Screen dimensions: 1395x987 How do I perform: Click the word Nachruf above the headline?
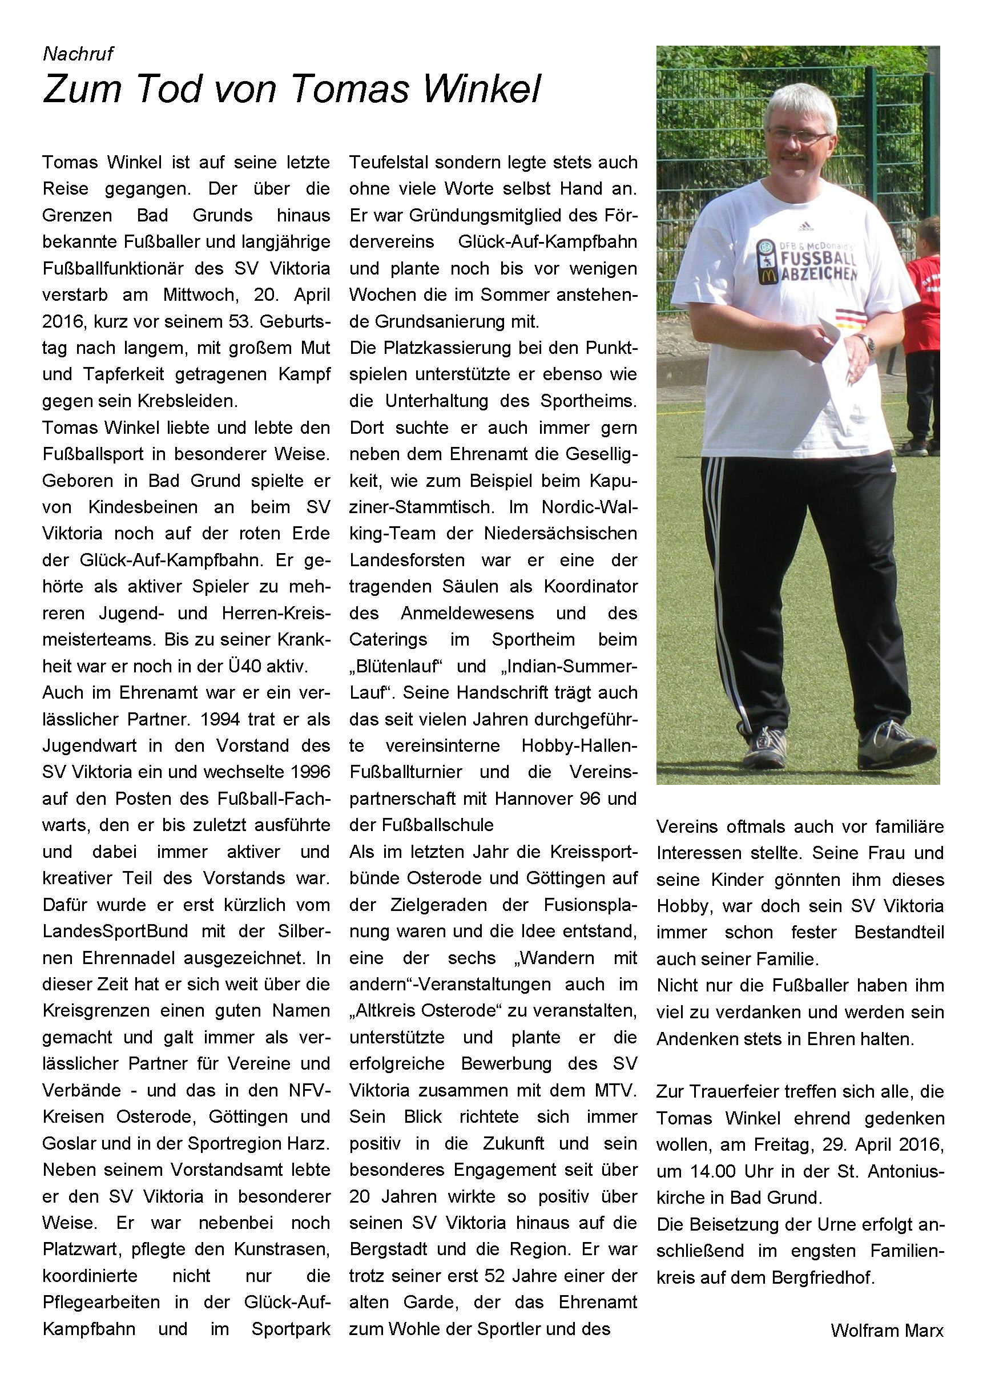(78, 54)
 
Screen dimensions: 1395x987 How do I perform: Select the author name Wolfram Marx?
(887, 1331)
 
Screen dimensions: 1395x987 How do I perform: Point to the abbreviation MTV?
(613, 1091)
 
